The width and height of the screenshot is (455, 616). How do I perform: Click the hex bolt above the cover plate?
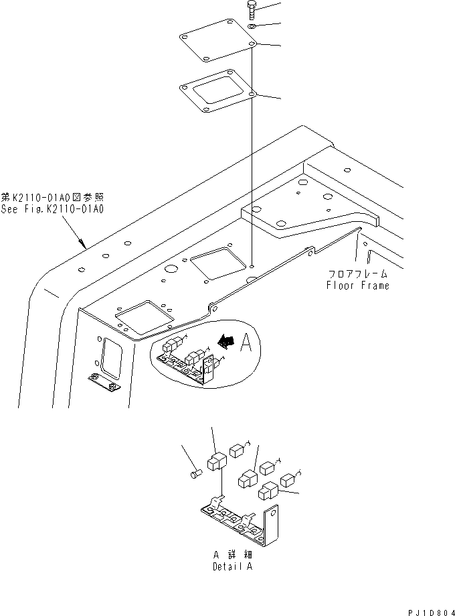251,10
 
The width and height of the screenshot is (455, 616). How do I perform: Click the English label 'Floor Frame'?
357,285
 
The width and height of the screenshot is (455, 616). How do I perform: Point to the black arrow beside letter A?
228,343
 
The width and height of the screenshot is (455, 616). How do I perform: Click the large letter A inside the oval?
246,343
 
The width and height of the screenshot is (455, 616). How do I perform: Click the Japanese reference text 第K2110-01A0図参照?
53,198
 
